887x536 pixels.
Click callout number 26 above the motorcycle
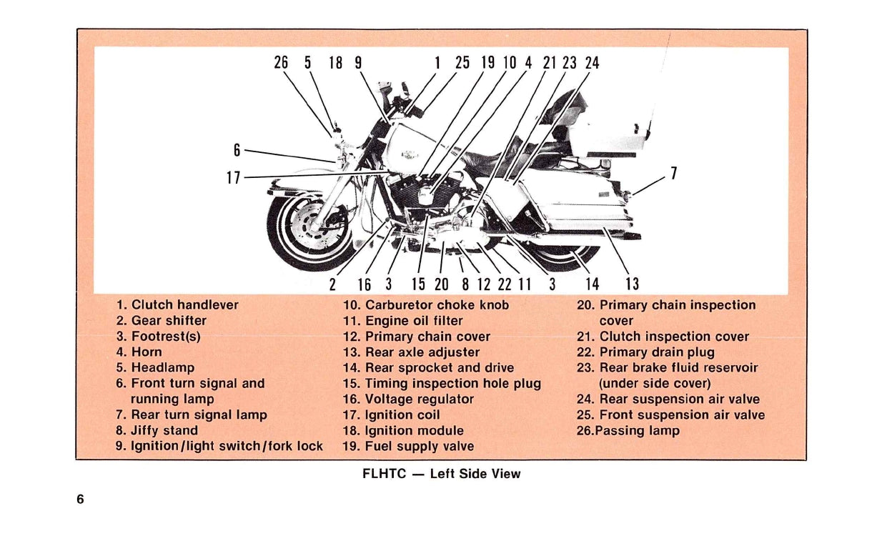pos(281,63)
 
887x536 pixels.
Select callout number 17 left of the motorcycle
pos(234,178)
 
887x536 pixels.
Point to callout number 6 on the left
pos(237,150)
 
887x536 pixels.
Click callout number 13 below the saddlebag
pos(632,284)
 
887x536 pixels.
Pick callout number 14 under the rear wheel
pos(592,284)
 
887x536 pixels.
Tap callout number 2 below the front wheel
pos(332,284)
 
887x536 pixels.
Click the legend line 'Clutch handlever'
pos(177,305)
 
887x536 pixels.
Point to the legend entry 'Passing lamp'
pos(628,431)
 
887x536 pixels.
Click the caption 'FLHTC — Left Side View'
pos(442,474)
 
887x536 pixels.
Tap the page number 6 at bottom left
pos(81,500)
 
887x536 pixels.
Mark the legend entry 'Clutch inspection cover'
pos(663,337)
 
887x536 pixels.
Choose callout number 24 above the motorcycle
pos(592,63)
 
